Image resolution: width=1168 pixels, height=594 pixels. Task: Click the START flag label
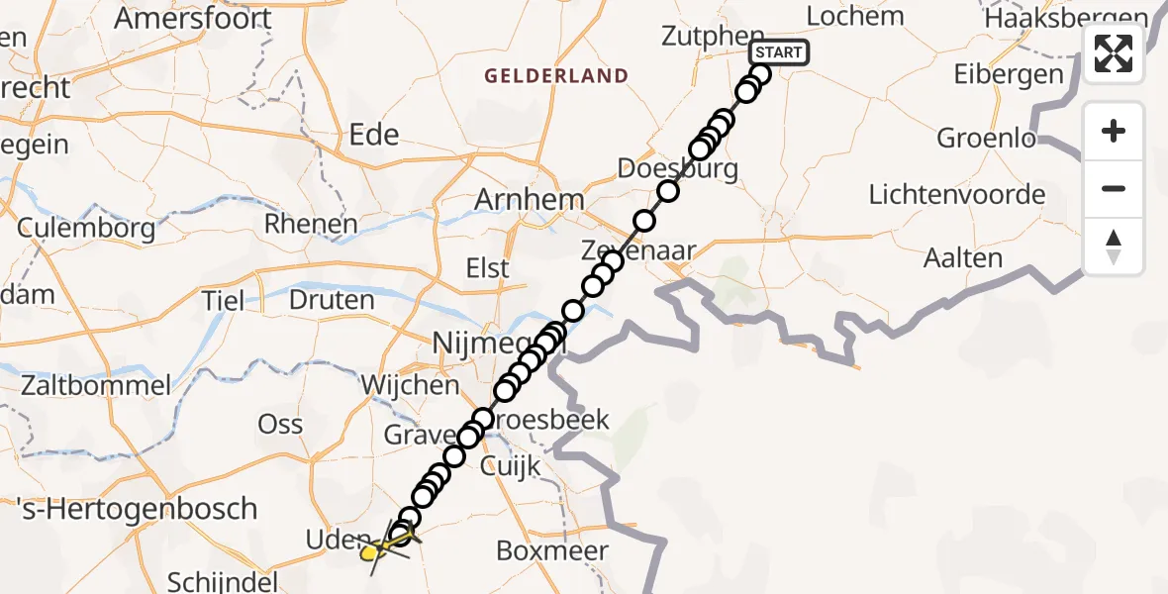[780, 52]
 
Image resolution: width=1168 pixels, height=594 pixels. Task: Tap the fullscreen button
[1114, 53]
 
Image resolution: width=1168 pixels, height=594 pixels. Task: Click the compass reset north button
[1114, 247]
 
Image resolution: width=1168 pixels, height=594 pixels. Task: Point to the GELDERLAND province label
[555, 75]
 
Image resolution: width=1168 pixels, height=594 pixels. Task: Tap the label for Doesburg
[677, 167]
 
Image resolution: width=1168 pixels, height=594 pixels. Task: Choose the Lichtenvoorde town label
[956, 194]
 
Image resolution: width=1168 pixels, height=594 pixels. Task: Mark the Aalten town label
[963, 258]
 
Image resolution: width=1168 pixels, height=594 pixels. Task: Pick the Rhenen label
[310, 224]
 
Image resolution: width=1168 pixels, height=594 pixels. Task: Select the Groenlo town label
[986, 138]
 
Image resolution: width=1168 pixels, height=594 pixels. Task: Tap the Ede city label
[375, 135]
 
